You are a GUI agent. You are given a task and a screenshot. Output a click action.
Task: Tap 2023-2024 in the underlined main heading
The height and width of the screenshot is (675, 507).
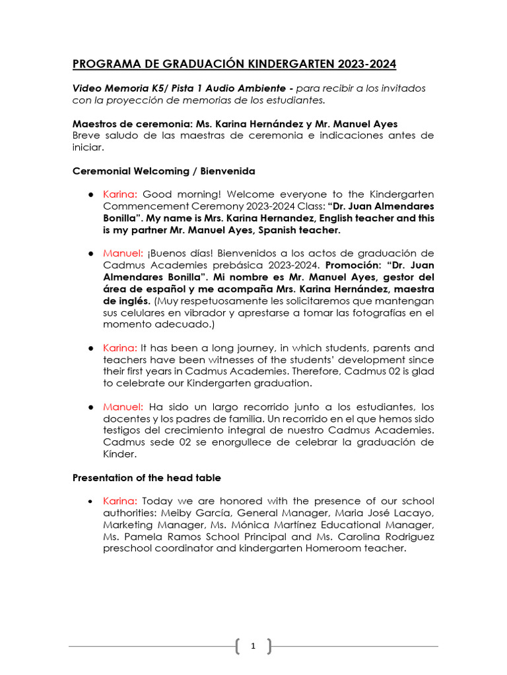pos(366,64)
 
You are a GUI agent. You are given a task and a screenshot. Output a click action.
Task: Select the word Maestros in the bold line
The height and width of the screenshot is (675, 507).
pos(94,124)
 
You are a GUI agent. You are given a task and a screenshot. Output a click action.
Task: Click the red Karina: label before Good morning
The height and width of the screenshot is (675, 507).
pos(120,194)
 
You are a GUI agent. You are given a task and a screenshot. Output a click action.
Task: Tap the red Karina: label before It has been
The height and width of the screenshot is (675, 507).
pos(120,347)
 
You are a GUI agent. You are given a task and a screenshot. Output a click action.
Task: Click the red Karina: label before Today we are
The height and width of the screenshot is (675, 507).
pos(120,501)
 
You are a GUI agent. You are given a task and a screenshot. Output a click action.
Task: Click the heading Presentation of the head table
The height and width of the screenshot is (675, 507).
pos(147,477)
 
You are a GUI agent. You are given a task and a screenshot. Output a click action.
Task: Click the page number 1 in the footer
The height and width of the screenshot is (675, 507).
pos(253,647)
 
